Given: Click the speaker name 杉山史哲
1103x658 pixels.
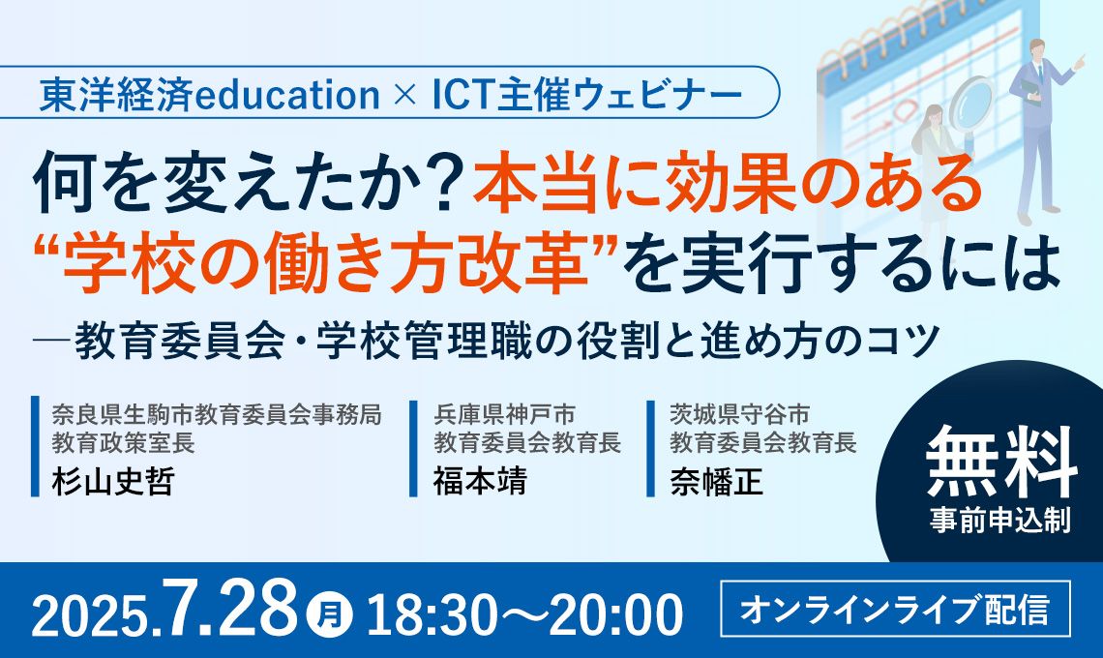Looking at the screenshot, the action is pyautogui.click(x=112, y=482).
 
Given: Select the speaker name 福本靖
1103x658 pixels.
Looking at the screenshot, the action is pyautogui.click(x=480, y=482).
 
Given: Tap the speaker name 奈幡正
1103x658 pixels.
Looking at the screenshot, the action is pyautogui.click(x=716, y=482).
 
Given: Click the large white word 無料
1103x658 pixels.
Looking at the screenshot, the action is pyautogui.click(x=1001, y=463).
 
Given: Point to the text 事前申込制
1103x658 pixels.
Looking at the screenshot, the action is pyautogui.click(x=1000, y=521).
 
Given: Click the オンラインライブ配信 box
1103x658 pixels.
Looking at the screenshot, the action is pyautogui.click(x=896, y=609).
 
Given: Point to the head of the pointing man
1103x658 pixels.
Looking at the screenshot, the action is pyautogui.click(x=1036, y=51).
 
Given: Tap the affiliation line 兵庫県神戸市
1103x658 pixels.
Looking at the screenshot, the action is pyautogui.click(x=504, y=414).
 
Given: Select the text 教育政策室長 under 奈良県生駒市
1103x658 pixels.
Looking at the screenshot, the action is pyautogui.click(x=123, y=442).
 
